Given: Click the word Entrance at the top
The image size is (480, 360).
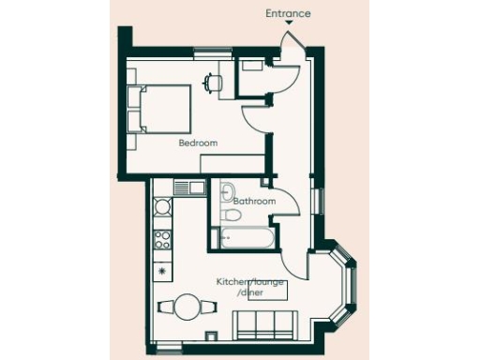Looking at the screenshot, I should (x=287, y=13).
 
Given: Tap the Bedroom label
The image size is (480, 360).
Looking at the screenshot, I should (x=198, y=143).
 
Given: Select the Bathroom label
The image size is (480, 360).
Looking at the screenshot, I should (x=254, y=201).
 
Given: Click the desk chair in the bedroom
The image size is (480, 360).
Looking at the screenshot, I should (x=215, y=82).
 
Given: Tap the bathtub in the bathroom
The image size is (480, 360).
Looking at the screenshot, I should (x=247, y=238).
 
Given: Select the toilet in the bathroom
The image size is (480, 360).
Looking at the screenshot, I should (x=231, y=216).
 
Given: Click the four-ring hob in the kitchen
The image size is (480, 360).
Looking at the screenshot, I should (x=162, y=237).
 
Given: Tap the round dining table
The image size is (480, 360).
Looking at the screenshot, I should (x=188, y=306).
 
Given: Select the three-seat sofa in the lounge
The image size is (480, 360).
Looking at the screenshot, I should (x=264, y=325).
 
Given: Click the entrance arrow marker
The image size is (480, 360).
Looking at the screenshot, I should (x=287, y=25).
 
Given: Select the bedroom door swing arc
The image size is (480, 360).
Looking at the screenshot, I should (x=253, y=117).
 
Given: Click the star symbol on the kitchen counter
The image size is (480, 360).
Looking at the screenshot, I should (x=162, y=272).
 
